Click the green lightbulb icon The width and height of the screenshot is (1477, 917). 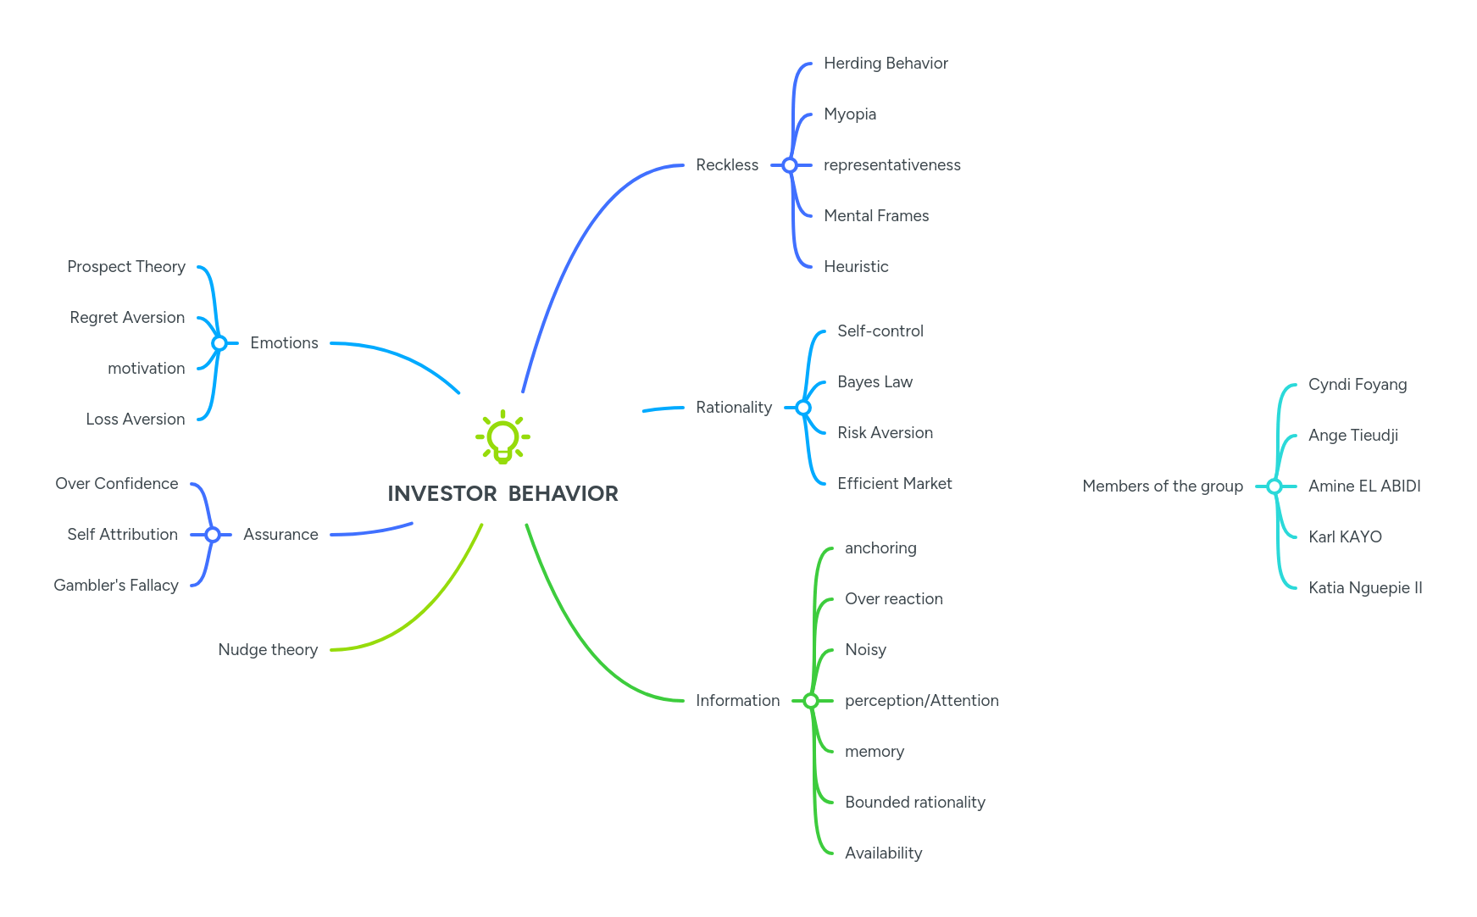(503, 437)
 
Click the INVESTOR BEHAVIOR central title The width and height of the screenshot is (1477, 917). (503, 493)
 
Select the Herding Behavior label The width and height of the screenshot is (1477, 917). (886, 64)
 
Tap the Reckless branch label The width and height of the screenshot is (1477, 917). (727, 165)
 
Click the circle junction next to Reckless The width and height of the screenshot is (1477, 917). (790, 165)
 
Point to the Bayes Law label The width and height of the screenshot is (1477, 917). (875, 382)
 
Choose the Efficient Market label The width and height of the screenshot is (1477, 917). (894, 484)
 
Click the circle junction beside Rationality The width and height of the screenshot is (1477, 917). (803, 408)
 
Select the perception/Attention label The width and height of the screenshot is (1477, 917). (921, 701)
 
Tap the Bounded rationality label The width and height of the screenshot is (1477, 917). (914, 803)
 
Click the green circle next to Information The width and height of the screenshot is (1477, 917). (811, 701)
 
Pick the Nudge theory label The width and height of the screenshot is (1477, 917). (268, 650)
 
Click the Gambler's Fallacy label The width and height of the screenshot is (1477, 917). (116, 586)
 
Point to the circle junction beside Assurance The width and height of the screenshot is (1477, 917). (213, 535)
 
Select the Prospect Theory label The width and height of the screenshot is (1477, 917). (126, 267)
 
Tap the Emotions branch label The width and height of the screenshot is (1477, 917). (284, 343)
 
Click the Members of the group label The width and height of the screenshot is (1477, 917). (1162, 486)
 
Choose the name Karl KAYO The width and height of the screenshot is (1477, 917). (1345, 537)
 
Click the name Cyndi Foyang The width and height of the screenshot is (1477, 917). (1357, 385)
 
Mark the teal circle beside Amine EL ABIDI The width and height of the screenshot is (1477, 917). (1274, 486)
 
